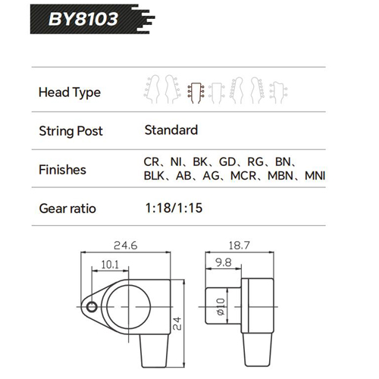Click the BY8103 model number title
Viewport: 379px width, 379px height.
(83, 19)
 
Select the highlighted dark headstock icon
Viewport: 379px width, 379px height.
(196, 92)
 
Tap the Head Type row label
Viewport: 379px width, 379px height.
(70, 92)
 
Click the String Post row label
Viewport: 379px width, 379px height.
(70, 131)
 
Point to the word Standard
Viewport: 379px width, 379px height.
(171, 130)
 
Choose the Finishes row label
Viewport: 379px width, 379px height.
(62, 170)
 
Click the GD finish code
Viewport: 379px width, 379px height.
(227, 162)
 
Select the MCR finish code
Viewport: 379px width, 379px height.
(243, 176)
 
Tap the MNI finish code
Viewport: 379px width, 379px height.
(315, 176)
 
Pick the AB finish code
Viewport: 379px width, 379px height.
(183, 176)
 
